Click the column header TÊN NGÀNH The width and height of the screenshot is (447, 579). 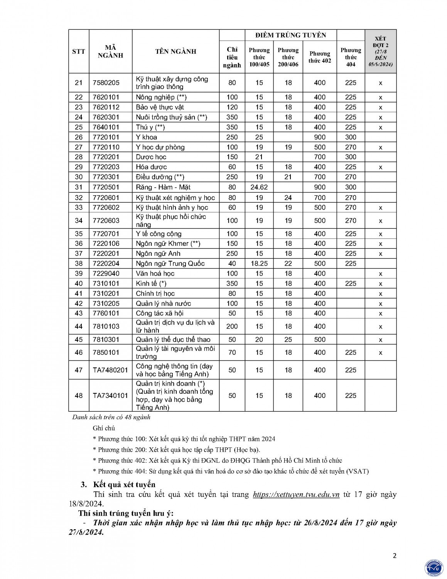(x=175, y=51)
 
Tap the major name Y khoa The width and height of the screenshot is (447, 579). (x=147, y=137)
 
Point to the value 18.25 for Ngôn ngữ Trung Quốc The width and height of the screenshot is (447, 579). (x=259, y=264)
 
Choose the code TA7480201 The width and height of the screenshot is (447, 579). (x=110, y=370)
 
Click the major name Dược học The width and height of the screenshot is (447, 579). (x=151, y=157)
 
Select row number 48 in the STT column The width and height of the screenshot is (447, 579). (x=79, y=396)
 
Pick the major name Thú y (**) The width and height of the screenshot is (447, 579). (x=150, y=127)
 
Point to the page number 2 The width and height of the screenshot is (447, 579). (x=394, y=556)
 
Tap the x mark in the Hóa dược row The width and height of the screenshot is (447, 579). (x=380, y=167)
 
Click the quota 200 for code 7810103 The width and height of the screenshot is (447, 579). (x=232, y=327)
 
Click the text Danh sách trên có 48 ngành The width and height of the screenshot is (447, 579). (x=111, y=417)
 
